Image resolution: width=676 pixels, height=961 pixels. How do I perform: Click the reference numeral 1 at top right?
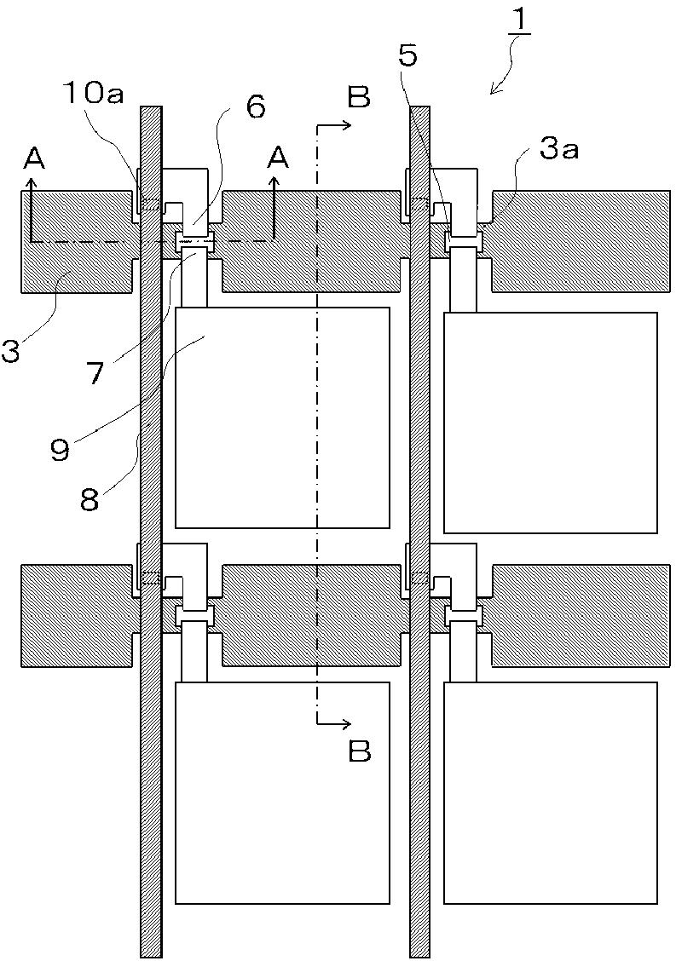click(x=518, y=21)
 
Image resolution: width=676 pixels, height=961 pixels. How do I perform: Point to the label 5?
click(x=408, y=56)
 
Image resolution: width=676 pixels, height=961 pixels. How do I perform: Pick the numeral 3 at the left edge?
click(x=10, y=350)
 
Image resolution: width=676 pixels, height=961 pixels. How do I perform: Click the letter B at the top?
click(x=359, y=98)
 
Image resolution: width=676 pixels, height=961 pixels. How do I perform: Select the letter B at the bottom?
click(x=360, y=751)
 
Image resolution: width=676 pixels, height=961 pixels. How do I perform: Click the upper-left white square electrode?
click(x=282, y=417)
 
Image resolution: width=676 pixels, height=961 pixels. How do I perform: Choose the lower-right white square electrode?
click(x=551, y=792)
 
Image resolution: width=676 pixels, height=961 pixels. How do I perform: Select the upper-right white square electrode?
click(x=551, y=423)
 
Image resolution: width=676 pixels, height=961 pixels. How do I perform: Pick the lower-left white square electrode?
click(x=282, y=792)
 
